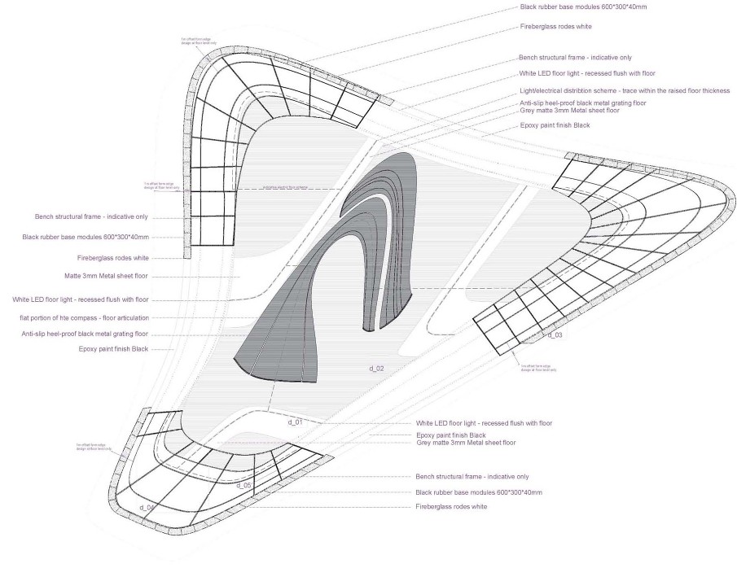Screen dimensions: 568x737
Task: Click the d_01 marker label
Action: click(295, 422)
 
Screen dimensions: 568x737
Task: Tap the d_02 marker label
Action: click(376, 369)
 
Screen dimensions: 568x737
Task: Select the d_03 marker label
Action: click(555, 334)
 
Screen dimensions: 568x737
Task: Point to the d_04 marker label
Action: click(147, 508)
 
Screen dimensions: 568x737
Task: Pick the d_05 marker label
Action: click(243, 485)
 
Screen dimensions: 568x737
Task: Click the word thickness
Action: click(712, 90)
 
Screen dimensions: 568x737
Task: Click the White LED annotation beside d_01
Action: click(484, 423)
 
